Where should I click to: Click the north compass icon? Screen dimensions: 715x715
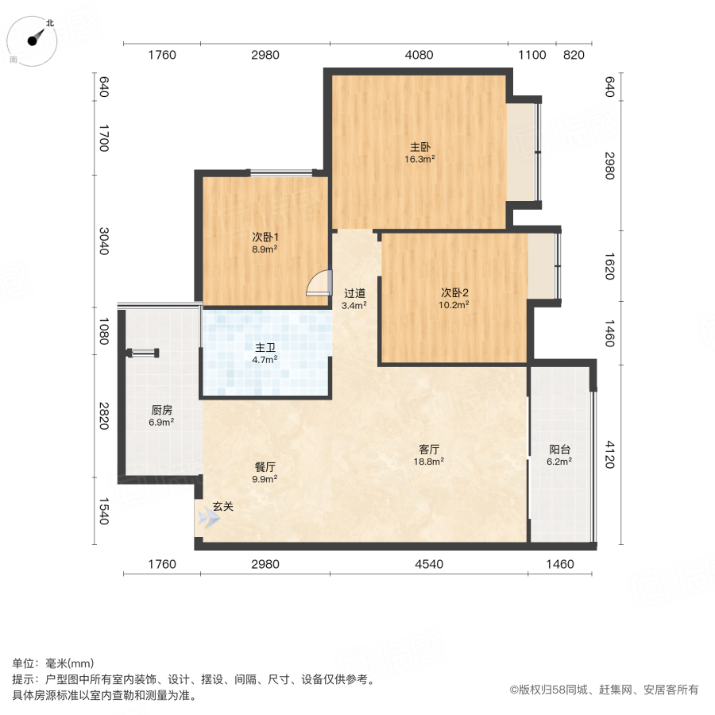37,40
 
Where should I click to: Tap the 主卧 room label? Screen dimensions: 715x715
420,147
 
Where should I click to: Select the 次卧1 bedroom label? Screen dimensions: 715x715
265,237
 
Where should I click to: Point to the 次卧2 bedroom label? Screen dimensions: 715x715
455,291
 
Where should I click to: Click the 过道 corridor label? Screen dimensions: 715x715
354,292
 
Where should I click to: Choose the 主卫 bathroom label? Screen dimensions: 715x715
265,348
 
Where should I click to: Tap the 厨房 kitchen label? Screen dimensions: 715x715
161,411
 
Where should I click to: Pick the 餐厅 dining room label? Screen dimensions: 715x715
265,467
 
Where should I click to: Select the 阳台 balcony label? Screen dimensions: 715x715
559,449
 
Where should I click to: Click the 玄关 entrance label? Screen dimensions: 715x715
223,506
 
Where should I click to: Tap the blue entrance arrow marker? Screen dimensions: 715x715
208,519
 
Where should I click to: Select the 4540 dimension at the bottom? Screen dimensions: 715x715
429,564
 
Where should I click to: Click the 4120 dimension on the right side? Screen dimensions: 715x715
609,455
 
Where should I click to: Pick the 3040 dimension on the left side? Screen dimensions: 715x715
103,240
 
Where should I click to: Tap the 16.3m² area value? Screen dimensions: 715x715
420,159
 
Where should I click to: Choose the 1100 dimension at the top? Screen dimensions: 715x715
532,55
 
